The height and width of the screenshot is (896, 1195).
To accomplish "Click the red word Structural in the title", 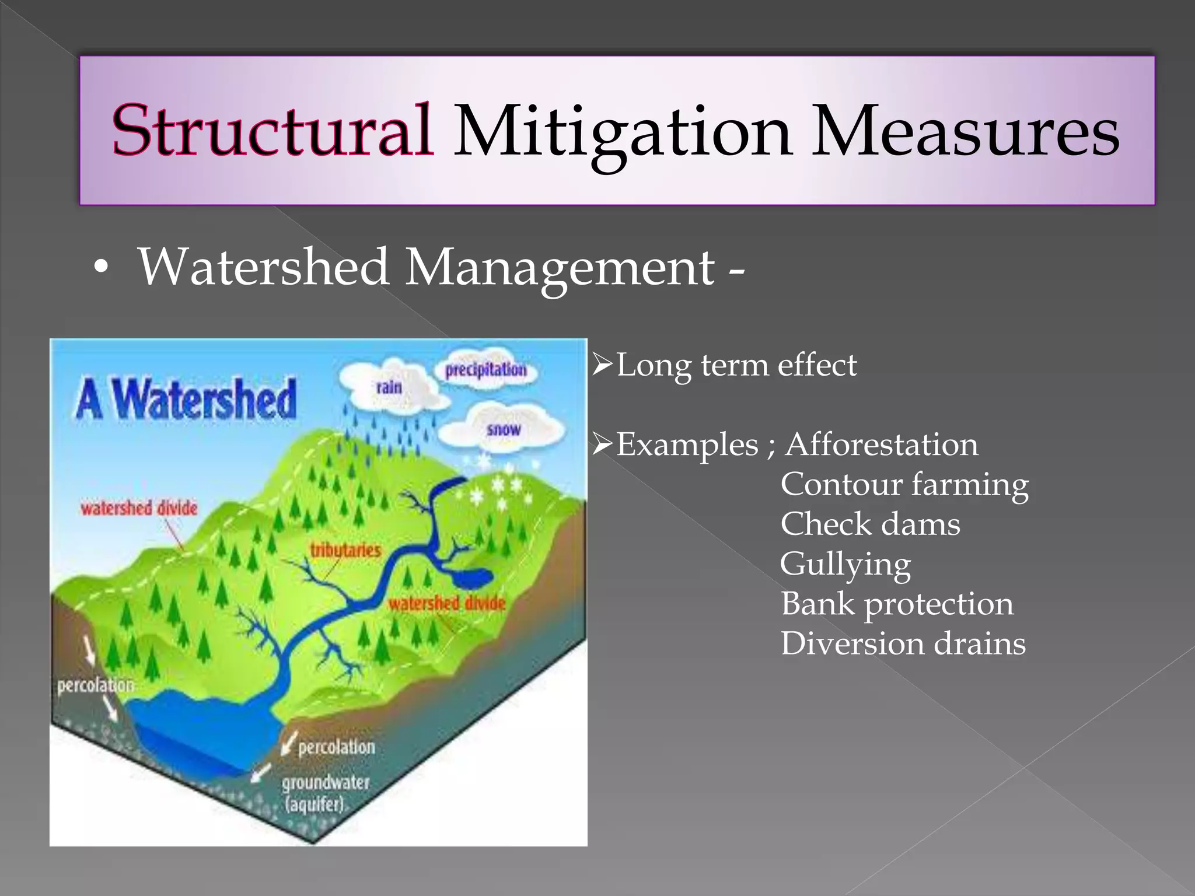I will click(x=272, y=129).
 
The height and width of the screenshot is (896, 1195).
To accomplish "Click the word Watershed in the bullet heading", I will click(x=264, y=267).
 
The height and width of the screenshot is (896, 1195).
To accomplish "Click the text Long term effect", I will click(x=736, y=366).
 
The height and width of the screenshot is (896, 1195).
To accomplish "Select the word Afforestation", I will click(x=882, y=445).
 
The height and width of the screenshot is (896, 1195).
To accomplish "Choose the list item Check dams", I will click(x=870, y=524).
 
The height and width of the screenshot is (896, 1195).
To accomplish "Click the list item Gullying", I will click(x=845, y=565).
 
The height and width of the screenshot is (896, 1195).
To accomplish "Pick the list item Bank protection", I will click(x=897, y=604).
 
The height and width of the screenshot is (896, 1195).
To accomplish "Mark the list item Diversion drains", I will click(x=903, y=643).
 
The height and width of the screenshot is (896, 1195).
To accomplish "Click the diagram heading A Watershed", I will click(x=186, y=399).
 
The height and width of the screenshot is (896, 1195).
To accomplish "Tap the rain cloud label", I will click(x=389, y=387).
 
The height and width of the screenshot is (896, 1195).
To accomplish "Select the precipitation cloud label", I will click(x=486, y=370).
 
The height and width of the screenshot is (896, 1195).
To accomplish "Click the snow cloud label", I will click(x=503, y=430).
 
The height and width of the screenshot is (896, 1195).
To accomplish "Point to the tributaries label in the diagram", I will click(x=345, y=550).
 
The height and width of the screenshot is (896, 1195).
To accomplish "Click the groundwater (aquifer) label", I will click(x=326, y=793).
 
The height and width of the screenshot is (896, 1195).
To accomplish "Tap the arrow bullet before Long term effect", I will click(x=602, y=365).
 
